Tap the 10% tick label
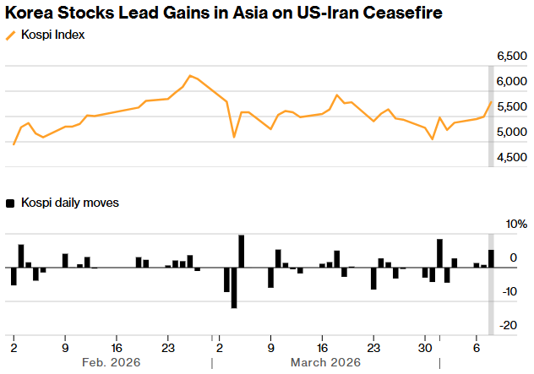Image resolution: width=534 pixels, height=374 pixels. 514,225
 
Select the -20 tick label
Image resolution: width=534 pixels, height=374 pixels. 509,325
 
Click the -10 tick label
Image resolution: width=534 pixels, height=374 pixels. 509,291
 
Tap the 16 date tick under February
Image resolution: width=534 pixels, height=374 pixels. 117,346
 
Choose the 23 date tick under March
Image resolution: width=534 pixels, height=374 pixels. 373,346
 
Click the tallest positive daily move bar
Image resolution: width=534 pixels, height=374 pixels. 242,251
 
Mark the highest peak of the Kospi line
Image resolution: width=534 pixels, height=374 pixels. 190,76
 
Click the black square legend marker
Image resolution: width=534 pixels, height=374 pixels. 11,203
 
